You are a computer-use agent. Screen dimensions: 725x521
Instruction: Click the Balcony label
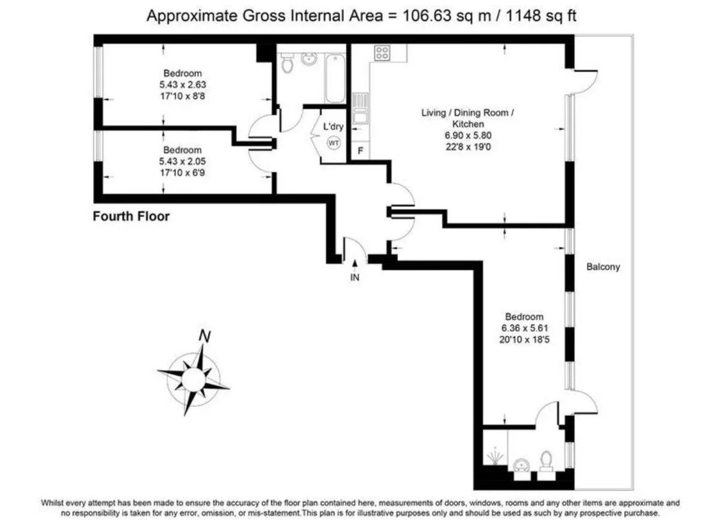pos(603,267)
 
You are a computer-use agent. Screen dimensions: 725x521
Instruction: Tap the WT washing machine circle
pos(334,142)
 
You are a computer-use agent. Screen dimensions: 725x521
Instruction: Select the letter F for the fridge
pos(360,150)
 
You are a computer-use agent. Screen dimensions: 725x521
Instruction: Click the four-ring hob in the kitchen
pos(382,52)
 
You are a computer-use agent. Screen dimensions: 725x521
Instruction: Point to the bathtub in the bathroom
pos(335,78)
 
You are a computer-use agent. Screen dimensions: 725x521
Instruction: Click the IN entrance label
pos(355,278)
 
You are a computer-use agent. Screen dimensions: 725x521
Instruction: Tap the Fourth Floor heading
pos(131,216)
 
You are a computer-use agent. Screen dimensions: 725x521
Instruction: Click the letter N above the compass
pos(204,336)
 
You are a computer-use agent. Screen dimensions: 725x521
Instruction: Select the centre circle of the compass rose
pos(194,380)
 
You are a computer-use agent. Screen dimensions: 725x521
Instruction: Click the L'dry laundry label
pos(333,126)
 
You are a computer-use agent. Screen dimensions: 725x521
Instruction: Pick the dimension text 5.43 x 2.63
pos(183,85)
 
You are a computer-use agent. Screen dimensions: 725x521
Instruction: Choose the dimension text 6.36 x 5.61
pos(525,328)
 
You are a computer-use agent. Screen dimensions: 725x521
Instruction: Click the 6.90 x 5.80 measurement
pos(468,135)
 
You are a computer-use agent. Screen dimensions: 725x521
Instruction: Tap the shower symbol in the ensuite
pos(495,456)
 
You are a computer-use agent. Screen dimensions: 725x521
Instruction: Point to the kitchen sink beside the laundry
pos(360,108)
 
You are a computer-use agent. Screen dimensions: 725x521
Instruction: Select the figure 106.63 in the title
pos(426,16)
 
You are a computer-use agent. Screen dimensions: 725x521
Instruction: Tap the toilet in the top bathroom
pos(287,62)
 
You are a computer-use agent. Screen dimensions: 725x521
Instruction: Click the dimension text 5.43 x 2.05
pos(183,161)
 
